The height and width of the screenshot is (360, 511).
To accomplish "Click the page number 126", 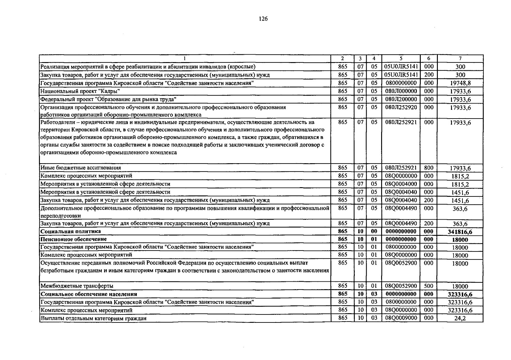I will [x=263, y=19].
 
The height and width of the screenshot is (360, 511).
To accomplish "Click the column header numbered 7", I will [x=460, y=59].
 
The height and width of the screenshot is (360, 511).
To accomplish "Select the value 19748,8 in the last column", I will [x=460, y=83].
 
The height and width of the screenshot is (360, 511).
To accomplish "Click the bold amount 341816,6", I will [x=460, y=232].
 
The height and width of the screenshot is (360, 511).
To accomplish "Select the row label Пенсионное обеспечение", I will [x=74, y=239].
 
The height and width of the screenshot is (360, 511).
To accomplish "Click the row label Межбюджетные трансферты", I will [x=77, y=286].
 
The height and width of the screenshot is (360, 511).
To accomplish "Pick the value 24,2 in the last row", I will [x=460, y=319].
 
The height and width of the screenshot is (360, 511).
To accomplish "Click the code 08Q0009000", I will [x=401, y=318].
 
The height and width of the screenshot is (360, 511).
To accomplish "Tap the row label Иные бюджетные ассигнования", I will [x=81, y=168].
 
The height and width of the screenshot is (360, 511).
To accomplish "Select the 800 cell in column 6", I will [x=429, y=168].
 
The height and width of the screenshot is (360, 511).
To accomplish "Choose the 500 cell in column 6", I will [x=429, y=286].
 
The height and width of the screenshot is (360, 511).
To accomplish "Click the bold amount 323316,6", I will [x=460, y=295].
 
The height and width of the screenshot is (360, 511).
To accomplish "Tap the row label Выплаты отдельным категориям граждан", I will [x=93, y=318].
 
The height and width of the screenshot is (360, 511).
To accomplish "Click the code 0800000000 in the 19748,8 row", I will [x=401, y=83].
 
